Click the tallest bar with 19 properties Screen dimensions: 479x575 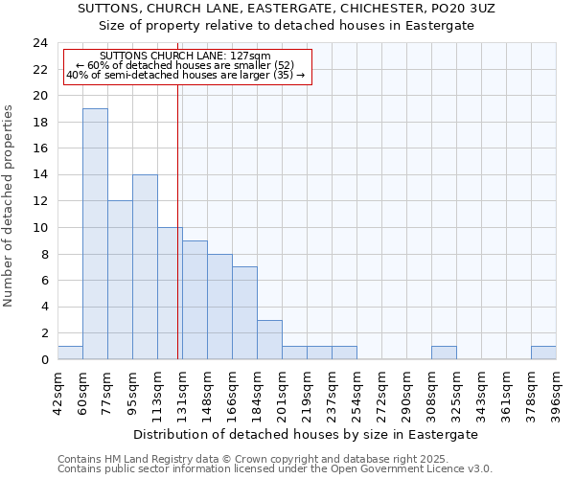pyautogui.click(x=95, y=234)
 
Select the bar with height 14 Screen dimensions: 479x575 pyautogui.click(x=145, y=266)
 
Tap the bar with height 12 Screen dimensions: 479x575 pyautogui.click(x=120, y=280)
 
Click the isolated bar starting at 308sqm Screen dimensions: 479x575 pyautogui.click(x=444, y=353)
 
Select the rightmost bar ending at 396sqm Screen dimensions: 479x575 pyautogui.click(x=543, y=353)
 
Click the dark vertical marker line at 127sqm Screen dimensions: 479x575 pyautogui.click(x=178, y=220)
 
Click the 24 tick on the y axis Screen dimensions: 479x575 pyautogui.click(x=39, y=43)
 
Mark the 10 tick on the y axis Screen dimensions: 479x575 pyautogui.click(x=39, y=228)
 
